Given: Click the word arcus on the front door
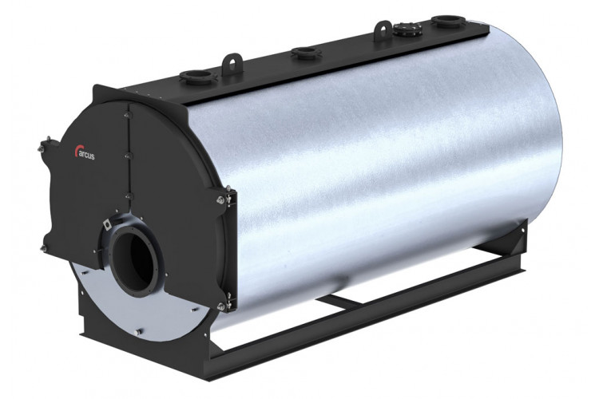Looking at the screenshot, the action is (x=86, y=156).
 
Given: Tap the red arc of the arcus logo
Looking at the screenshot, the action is (x=77, y=151).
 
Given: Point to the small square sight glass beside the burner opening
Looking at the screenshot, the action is (x=108, y=225).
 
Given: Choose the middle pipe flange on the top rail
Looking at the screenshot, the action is (x=304, y=53).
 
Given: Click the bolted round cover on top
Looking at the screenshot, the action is (x=407, y=28).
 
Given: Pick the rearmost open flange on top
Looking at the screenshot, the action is (x=449, y=21).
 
